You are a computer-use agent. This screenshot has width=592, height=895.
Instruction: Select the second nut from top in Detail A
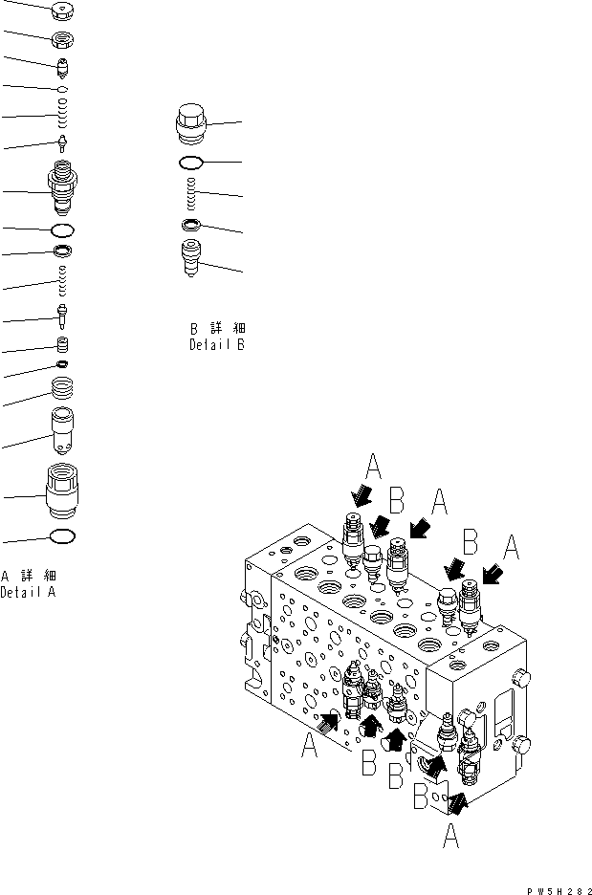tap(62, 40)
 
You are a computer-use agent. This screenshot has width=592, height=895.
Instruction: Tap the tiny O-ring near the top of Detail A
tap(62, 89)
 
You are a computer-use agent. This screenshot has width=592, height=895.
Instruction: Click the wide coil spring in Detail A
tap(62, 389)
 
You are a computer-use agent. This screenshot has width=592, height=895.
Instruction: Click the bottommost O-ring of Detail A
tap(62, 536)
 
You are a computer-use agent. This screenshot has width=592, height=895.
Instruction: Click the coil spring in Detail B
tap(195, 194)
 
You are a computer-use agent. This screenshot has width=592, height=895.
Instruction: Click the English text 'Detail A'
tap(29, 592)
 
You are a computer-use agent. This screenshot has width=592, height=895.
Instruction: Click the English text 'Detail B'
tap(216, 344)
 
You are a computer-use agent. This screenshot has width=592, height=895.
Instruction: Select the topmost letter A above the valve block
tap(374, 468)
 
